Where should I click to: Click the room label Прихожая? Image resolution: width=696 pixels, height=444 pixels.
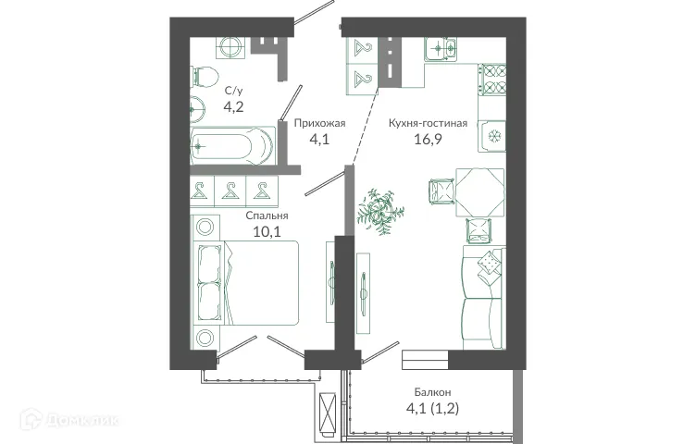pos(319,122)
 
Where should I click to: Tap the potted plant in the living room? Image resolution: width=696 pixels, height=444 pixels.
pos(381,210)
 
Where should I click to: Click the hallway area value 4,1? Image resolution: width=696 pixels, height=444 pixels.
pos(319,141)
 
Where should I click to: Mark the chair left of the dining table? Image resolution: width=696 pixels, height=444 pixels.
pos(441,191)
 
